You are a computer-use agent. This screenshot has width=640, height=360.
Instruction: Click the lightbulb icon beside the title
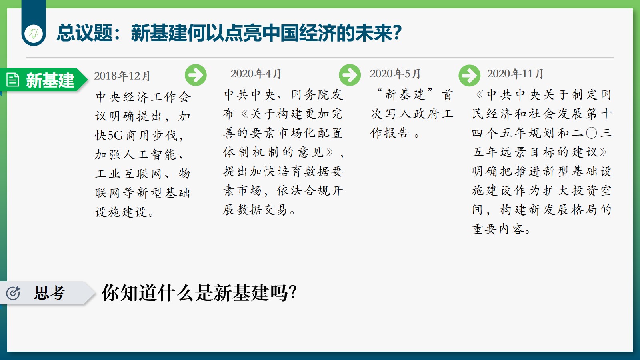click(34, 33)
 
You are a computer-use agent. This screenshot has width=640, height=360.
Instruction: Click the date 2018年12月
click(122, 76)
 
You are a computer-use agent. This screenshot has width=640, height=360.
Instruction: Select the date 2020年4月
click(256, 74)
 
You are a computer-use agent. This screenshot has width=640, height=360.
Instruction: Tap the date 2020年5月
click(395, 74)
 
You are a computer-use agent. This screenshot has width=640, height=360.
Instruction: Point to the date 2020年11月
click(515, 74)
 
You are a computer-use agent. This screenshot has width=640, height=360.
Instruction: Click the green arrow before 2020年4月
click(196, 75)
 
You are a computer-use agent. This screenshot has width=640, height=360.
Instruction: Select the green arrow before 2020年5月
click(350, 75)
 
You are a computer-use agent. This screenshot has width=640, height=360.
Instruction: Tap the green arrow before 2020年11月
click(470, 76)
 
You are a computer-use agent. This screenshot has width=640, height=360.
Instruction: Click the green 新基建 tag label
click(50, 80)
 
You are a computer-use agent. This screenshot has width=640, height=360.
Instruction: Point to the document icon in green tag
click(13, 80)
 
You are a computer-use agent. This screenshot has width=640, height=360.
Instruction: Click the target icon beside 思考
click(13, 293)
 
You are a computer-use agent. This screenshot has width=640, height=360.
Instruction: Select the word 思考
click(50, 293)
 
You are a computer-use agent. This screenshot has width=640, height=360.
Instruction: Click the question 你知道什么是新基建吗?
click(199, 293)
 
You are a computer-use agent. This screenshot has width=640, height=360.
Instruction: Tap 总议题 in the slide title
click(84, 33)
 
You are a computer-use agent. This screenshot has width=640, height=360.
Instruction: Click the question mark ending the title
click(397, 33)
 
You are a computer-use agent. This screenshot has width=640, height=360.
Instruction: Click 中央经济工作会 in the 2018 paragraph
click(143, 97)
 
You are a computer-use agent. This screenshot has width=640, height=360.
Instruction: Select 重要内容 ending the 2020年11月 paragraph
click(498, 229)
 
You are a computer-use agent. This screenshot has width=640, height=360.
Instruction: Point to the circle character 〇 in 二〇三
click(592, 133)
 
